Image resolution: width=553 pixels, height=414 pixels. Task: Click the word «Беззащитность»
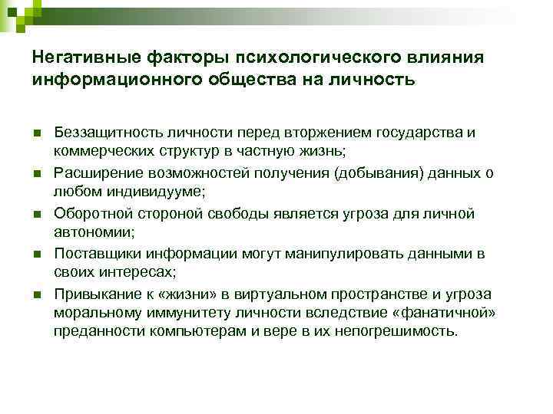tap(102, 133)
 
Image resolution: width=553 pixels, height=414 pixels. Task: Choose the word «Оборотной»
tap(88, 213)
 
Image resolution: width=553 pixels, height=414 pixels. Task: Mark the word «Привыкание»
tap(92, 294)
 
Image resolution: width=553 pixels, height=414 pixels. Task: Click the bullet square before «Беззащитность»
tap(37, 134)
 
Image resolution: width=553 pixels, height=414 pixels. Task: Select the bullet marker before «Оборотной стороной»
tap(37, 214)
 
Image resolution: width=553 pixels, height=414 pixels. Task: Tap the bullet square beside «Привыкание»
tap(37, 295)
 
